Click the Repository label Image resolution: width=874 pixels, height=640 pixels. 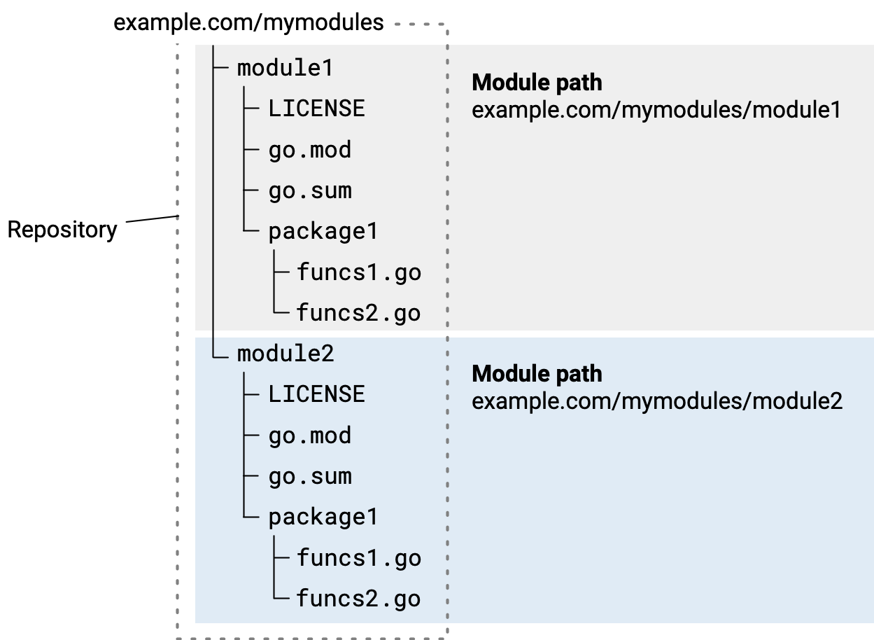click(62, 230)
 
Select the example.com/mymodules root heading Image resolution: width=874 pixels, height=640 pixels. click(248, 22)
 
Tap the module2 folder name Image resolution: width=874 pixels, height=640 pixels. click(285, 354)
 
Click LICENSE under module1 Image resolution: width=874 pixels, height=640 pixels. click(316, 109)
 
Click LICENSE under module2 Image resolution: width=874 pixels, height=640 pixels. click(316, 394)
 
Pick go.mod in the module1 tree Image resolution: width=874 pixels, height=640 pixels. click(309, 150)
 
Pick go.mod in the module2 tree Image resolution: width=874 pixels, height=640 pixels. click(309, 436)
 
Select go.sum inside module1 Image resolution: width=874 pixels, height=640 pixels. click(309, 190)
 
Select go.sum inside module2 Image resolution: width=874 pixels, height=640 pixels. click(309, 476)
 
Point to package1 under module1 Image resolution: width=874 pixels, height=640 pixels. click(323, 231)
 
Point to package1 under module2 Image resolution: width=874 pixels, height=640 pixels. click(323, 517)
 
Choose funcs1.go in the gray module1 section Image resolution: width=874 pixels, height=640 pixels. click(358, 272)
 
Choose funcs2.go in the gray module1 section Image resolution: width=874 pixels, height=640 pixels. click(358, 312)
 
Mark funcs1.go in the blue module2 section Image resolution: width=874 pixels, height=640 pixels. click(358, 557)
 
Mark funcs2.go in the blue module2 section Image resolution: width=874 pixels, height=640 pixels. click(358, 599)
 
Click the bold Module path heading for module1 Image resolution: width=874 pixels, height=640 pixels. click(537, 83)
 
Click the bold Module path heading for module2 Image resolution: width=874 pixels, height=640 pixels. click(537, 374)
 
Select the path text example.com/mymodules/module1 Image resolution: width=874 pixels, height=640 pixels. click(656, 110)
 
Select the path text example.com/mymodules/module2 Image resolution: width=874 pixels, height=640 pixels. click(657, 401)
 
